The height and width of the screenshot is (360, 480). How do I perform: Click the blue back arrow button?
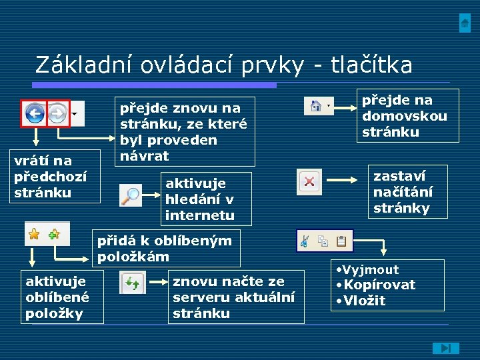(x=35, y=113)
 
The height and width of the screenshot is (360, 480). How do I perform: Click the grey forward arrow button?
(x=57, y=113)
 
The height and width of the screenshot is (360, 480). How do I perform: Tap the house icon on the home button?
(x=316, y=105)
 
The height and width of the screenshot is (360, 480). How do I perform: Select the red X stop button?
(x=309, y=181)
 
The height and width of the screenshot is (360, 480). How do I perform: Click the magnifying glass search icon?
(x=131, y=195)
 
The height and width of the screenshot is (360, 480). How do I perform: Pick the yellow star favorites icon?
(x=34, y=234)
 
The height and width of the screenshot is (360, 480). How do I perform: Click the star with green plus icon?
(x=53, y=234)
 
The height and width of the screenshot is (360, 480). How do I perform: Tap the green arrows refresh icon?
(x=132, y=285)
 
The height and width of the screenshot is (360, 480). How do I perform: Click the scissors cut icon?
(x=305, y=241)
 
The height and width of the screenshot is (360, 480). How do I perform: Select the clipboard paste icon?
(x=341, y=241)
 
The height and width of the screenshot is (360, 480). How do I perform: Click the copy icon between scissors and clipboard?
(x=323, y=241)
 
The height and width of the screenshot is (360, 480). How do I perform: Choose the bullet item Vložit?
(x=365, y=301)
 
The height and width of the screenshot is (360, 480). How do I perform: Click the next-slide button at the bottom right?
(x=445, y=347)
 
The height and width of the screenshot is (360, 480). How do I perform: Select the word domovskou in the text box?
(x=404, y=116)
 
